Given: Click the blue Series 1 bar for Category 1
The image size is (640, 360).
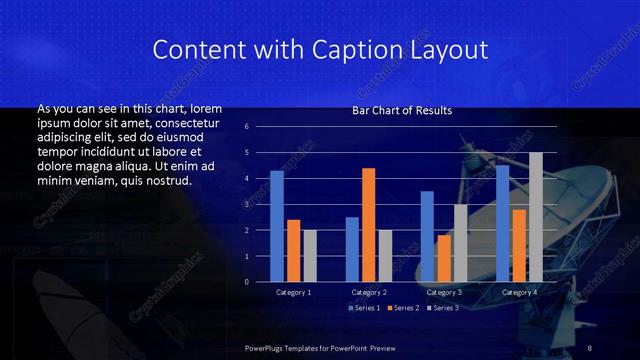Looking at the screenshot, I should click(277, 226).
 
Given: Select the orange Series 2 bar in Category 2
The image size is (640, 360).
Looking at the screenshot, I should click(369, 225).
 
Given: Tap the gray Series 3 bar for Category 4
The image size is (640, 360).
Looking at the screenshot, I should click(536, 217).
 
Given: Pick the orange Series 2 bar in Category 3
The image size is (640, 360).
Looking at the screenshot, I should click(444, 258).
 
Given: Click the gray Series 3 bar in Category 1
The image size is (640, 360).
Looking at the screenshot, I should click(310, 256).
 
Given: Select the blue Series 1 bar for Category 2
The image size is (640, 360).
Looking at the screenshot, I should click(352, 249).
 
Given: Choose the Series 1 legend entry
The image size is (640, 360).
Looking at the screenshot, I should click(365, 307).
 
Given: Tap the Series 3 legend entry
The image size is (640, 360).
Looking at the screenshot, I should click(444, 307).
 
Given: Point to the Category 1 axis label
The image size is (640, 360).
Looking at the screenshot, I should click(294, 292).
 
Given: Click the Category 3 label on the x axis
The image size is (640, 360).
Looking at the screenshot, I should click(444, 292).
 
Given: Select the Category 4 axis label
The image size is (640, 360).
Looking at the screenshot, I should click(519, 292).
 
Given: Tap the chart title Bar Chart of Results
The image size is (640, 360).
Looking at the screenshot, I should click(402, 111).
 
